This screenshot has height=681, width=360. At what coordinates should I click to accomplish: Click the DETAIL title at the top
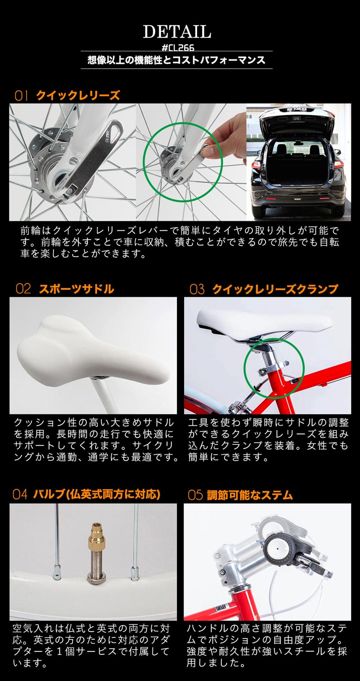pos(177,31)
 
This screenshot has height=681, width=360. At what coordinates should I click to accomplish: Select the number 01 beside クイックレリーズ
pos(22,95)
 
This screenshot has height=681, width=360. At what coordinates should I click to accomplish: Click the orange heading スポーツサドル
pos(76,289)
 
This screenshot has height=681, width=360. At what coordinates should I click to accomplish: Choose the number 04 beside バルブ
pos(20,495)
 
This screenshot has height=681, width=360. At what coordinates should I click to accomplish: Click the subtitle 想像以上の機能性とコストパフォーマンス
pos(176,60)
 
